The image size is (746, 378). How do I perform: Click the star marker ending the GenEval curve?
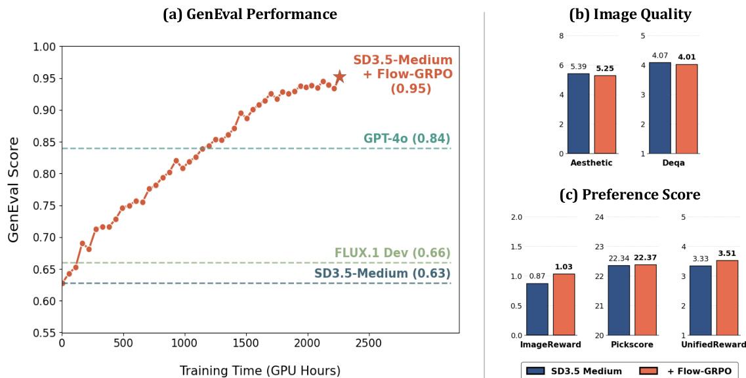click(339, 77)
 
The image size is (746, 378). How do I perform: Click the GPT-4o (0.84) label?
click(407, 138)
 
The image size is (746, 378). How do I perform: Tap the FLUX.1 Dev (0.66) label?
click(392, 253)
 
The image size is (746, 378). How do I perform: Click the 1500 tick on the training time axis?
click(247, 343)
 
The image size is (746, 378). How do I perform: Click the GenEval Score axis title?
click(14, 189)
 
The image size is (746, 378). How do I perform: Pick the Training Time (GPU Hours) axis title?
click(260, 371)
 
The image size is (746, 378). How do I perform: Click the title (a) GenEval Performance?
click(250, 14)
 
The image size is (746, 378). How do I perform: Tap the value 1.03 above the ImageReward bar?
click(564, 266)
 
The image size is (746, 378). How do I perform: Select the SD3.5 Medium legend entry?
click(576, 371)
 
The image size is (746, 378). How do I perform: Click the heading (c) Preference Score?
click(629, 195)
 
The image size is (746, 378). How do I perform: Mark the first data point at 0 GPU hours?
click(62, 283)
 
